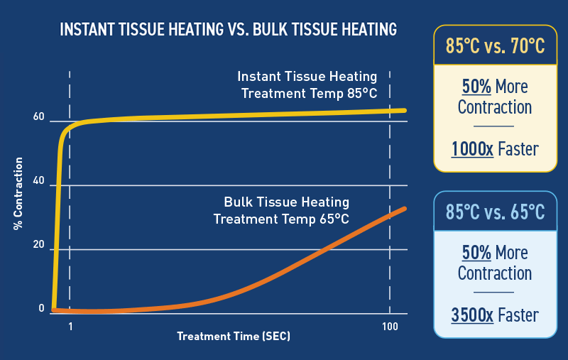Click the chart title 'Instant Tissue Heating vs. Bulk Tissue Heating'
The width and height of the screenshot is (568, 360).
click(228, 29)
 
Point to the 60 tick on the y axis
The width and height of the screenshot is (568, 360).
click(39, 116)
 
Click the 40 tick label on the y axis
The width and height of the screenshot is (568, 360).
click(39, 180)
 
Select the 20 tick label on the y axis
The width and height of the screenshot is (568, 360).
click(39, 244)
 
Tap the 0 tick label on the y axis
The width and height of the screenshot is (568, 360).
click(41, 308)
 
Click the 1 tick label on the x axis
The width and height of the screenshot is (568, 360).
click(70, 327)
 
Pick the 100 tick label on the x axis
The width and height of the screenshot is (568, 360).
click(390, 327)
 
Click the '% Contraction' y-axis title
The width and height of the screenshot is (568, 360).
click(18, 194)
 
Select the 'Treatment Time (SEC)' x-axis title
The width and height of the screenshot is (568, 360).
click(234, 337)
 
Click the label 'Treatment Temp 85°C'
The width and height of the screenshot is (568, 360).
click(310, 94)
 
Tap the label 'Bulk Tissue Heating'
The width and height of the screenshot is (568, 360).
click(287, 202)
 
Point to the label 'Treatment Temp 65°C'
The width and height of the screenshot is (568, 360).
click(281, 219)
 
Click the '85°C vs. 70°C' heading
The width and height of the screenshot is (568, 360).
click(495, 46)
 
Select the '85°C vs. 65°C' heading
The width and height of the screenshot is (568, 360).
click(495, 212)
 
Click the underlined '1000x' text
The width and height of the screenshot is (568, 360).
click(472, 149)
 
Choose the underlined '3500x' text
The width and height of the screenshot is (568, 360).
click(472, 315)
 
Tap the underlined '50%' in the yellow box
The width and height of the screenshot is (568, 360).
click(476, 87)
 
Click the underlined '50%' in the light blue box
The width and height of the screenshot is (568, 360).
click(476, 253)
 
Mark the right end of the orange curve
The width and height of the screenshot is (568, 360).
click(404, 209)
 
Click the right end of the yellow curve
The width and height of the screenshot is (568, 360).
click(405, 111)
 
